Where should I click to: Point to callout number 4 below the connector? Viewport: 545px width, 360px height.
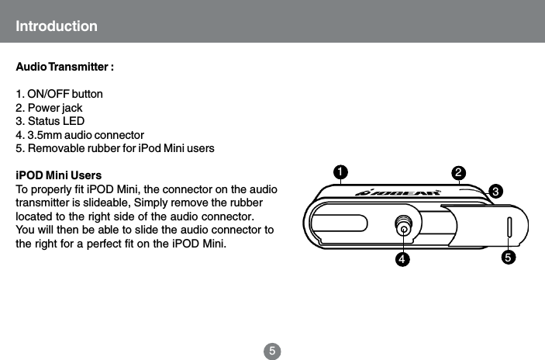402,258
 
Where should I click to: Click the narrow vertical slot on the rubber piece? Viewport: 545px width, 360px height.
509,228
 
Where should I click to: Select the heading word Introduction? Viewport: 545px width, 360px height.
57,26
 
